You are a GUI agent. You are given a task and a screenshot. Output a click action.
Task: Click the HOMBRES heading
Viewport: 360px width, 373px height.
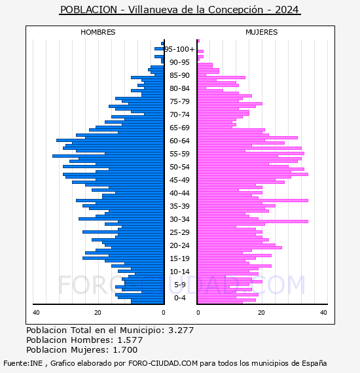(x=98, y=32)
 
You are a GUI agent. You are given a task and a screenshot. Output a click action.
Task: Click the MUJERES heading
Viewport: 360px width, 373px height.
(x=262, y=32)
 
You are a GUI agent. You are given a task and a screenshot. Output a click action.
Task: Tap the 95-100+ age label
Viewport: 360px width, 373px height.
(x=179, y=49)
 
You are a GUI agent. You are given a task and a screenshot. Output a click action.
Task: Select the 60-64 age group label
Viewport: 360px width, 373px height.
(x=179, y=141)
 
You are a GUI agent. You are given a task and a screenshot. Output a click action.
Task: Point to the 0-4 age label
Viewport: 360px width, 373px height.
(x=180, y=298)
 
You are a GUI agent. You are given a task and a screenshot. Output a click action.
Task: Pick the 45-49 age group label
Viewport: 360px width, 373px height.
(x=179, y=180)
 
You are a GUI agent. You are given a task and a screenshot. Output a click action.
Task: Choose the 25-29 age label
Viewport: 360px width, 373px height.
(x=179, y=232)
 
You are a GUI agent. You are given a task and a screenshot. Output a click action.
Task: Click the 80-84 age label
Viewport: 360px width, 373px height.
(x=179, y=88)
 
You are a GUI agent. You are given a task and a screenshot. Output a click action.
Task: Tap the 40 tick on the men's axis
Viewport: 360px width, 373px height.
(x=36, y=313)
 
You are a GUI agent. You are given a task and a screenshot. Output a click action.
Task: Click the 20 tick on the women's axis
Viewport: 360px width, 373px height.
(x=261, y=313)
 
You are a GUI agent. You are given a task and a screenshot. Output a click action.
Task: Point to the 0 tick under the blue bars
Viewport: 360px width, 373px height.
(x=164, y=313)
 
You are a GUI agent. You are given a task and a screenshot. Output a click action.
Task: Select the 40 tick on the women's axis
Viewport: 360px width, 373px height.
(x=323, y=313)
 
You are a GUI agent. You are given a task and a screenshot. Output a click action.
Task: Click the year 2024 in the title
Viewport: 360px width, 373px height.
(x=287, y=10)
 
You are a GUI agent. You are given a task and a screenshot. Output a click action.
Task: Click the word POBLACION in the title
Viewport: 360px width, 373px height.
(x=89, y=10)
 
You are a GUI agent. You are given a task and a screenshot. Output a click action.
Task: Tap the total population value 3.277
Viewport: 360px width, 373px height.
(x=181, y=330)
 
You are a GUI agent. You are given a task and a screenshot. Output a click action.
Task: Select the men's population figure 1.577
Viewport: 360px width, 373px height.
(x=130, y=340)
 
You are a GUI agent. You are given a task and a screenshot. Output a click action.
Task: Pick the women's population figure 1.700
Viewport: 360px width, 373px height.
(x=125, y=349)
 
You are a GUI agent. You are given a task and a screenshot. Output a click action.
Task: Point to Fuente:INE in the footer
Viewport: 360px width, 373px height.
(x=23, y=363)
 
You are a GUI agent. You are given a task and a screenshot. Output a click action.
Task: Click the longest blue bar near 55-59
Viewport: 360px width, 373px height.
(x=108, y=156)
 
